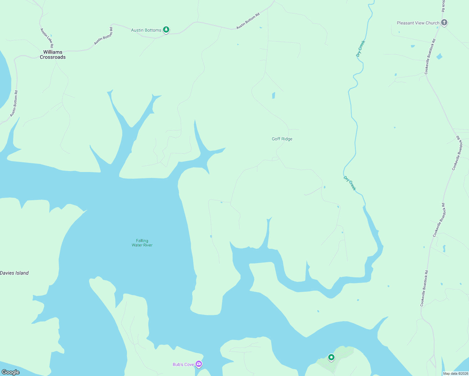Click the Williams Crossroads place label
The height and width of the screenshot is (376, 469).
[x=53, y=55]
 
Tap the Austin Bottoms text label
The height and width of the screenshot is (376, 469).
[x=146, y=30]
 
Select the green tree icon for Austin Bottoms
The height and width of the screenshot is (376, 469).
[x=166, y=30]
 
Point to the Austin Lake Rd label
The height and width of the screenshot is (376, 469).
[x=47, y=38]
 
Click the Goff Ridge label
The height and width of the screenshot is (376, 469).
[x=282, y=139]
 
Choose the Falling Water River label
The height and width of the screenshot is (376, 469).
[x=142, y=243]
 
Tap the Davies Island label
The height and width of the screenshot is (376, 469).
[x=14, y=273]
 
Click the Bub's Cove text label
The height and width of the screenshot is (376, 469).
[x=183, y=364]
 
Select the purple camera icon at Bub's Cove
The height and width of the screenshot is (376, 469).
[x=199, y=364]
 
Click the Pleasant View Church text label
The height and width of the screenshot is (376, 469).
[x=418, y=23]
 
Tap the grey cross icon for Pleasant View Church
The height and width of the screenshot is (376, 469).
[x=444, y=23]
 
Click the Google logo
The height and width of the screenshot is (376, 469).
[x=11, y=372]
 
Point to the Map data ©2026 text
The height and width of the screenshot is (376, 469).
[x=455, y=373]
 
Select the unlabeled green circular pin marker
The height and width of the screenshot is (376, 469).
[x=331, y=357]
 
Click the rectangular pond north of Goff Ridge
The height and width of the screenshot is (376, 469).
[x=274, y=95]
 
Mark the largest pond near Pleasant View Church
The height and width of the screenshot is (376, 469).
[x=440, y=57]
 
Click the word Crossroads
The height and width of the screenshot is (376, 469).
[x=53, y=57]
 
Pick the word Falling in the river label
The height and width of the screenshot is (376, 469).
[x=142, y=241]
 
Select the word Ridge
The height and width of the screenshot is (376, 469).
[x=287, y=139]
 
